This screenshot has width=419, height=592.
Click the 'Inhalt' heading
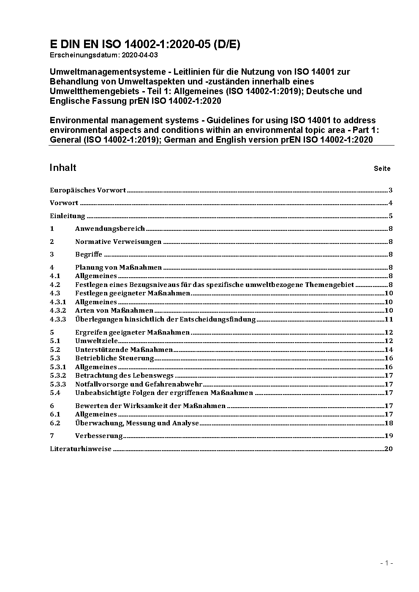pos(63,168)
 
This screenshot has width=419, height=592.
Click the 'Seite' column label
pos(382,169)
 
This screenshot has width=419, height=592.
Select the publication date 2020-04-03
pos(140,55)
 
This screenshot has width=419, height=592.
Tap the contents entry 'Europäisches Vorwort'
pos(88,190)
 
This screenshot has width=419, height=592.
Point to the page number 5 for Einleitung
pos(391,216)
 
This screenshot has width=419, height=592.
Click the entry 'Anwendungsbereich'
pos(110,229)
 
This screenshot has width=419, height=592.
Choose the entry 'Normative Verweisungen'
pos(118,242)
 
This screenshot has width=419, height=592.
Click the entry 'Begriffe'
pos(89,254)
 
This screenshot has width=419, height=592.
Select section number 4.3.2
pos(58,311)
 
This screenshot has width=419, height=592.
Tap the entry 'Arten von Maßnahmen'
pos(114,311)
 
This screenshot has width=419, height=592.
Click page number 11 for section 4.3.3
pos(389,319)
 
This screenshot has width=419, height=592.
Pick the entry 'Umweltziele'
pos(96,341)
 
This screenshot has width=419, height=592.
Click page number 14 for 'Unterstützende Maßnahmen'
pos(389,350)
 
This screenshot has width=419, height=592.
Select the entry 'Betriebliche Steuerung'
pos(114,358)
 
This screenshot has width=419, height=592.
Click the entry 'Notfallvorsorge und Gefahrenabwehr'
pos(139,384)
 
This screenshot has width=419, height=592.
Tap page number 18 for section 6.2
pos(389,423)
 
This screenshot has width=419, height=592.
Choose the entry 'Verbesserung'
pos(99,436)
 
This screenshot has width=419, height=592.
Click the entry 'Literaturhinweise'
pos(81,449)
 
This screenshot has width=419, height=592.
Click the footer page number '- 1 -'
pos(387,563)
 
